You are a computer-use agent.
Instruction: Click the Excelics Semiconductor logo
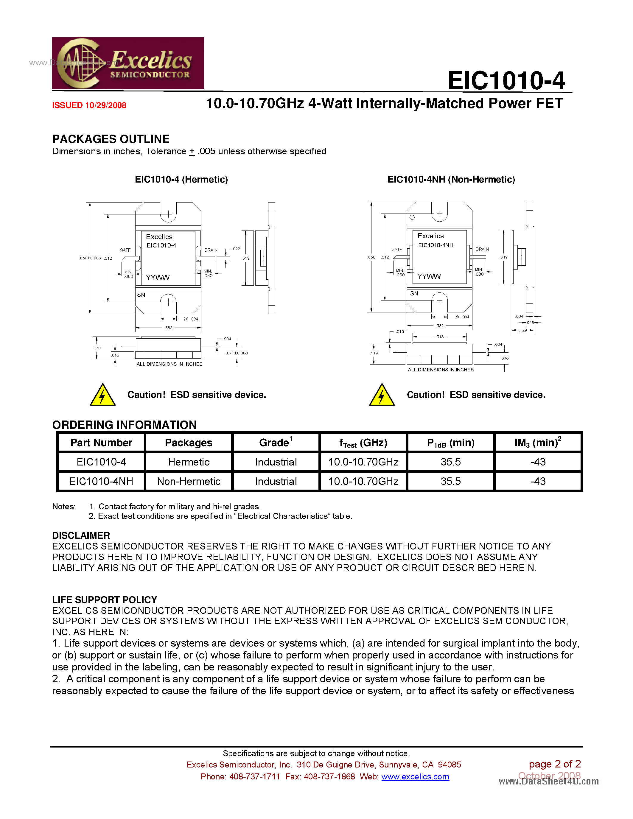pyautogui.click(x=127, y=63)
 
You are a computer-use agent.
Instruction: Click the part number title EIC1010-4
pyautogui.click(x=506, y=81)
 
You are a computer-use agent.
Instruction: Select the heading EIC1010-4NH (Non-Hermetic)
pyautogui.click(x=451, y=180)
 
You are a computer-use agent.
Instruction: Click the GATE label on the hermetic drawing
pyautogui.click(x=125, y=250)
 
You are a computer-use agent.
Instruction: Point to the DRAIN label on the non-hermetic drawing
pyautogui.click(x=482, y=249)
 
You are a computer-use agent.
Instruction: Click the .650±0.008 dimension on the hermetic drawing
pyautogui.click(x=90, y=258)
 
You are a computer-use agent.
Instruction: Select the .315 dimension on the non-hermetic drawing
pyautogui.click(x=439, y=337)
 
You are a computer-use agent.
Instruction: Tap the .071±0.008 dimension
pyautogui.click(x=236, y=353)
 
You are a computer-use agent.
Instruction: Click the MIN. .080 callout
pyautogui.click(x=479, y=272)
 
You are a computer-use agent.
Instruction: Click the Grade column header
pyautogui.click(x=276, y=443)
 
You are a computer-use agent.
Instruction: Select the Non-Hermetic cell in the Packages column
pyautogui.click(x=189, y=482)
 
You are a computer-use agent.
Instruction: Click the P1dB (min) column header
pyautogui.click(x=450, y=443)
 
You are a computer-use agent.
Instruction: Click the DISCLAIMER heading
pyautogui.click(x=81, y=535)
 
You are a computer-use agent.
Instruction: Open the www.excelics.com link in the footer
pyautogui.click(x=415, y=777)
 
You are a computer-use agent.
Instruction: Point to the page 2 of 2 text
pyautogui.click(x=554, y=764)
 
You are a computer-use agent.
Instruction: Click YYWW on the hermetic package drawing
pyautogui.click(x=158, y=278)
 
